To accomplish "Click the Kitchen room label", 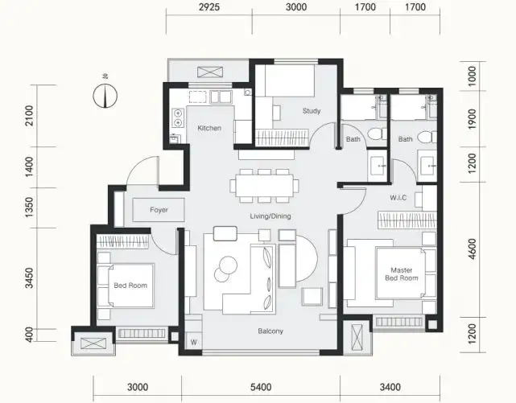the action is tap(209, 128).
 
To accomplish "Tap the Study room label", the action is tap(312, 111).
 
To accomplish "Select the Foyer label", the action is tap(159, 210).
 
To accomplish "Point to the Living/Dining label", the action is tap(270, 216).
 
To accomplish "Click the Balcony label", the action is tap(270, 331).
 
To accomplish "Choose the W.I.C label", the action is tap(398, 198).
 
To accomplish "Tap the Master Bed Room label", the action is tap(402, 274).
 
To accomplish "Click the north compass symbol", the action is tap(105, 96).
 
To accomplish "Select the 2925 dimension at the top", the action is tap(209, 7).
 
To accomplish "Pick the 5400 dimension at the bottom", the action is tap(261, 387).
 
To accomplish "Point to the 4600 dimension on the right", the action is tap(472, 249).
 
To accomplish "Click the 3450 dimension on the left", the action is tap(29, 278).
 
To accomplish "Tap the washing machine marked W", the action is tap(193, 342).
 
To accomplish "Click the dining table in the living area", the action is tap(265, 186).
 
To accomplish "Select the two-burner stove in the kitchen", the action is tap(178, 117).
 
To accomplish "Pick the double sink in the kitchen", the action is tap(221, 97).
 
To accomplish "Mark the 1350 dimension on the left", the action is tap(29, 207).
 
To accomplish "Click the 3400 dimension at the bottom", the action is tap(390, 387).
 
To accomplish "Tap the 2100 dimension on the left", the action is tap(29, 116).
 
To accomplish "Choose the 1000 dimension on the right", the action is tap(472, 76).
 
